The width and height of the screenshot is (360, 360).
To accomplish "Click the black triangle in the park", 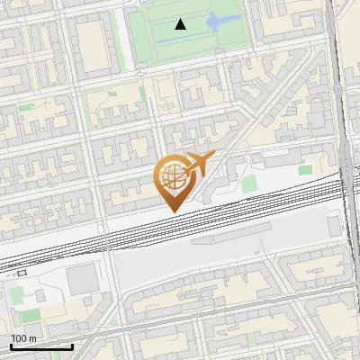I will (181, 25).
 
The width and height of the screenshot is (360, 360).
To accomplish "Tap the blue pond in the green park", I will (215, 22).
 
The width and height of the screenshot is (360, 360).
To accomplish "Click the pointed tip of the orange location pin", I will (171, 211).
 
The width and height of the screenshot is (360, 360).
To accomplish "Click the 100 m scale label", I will (23, 338).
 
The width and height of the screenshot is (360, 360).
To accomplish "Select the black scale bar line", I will (41, 346).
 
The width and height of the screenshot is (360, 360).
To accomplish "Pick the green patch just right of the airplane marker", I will (249, 184).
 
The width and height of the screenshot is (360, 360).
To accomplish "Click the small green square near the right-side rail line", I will (306, 169).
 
